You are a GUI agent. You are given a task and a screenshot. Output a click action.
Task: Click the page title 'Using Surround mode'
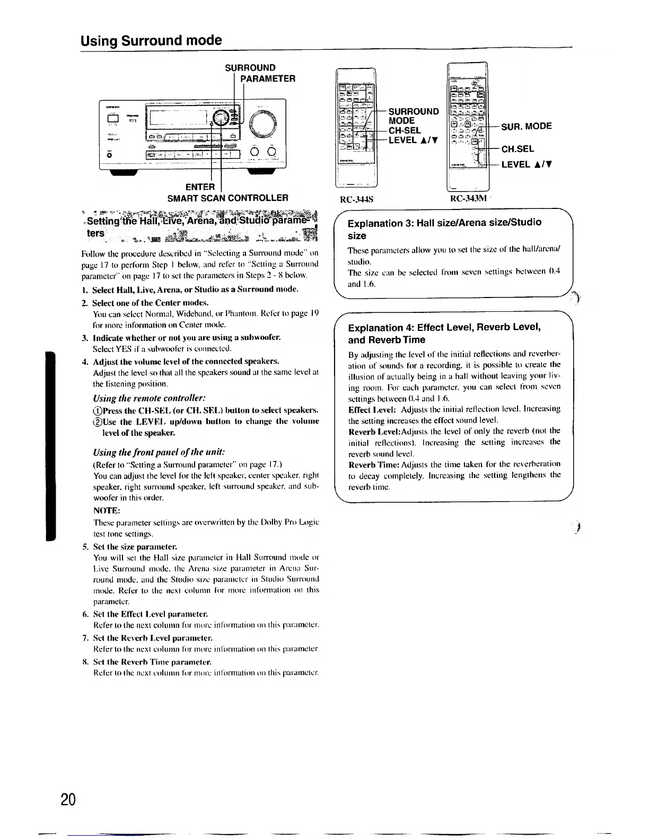click(151, 40)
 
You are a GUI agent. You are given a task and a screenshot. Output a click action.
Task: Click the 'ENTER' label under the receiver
click(200, 187)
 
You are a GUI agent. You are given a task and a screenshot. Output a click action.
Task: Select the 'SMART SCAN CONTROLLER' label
click(227, 198)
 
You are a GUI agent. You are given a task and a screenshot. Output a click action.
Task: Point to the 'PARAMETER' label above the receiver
click(267, 78)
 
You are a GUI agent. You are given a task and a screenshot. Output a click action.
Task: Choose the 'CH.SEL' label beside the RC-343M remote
click(518, 149)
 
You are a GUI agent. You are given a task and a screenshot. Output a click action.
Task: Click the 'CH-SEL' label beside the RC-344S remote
click(405, 130)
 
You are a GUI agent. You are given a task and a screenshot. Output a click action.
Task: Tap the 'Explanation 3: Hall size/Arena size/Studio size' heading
click(444, 229)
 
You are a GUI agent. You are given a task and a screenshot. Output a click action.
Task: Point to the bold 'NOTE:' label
click(107, 511)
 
